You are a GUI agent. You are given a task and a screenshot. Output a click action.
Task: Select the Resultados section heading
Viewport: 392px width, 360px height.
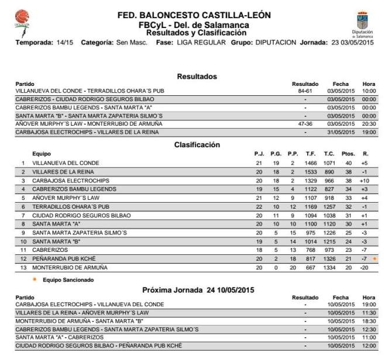[197, 77]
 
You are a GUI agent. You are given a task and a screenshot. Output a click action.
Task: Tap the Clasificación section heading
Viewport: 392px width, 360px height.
[197, 145]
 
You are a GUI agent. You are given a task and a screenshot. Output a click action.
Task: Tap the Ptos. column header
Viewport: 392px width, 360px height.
[348, 154]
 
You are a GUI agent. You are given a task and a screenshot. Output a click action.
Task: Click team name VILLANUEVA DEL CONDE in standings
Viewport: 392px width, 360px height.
[66, 162]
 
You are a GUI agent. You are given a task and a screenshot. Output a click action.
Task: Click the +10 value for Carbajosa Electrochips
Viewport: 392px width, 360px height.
[365, 181]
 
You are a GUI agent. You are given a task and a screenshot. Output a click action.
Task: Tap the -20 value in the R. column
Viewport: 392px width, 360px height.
[365, 268]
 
